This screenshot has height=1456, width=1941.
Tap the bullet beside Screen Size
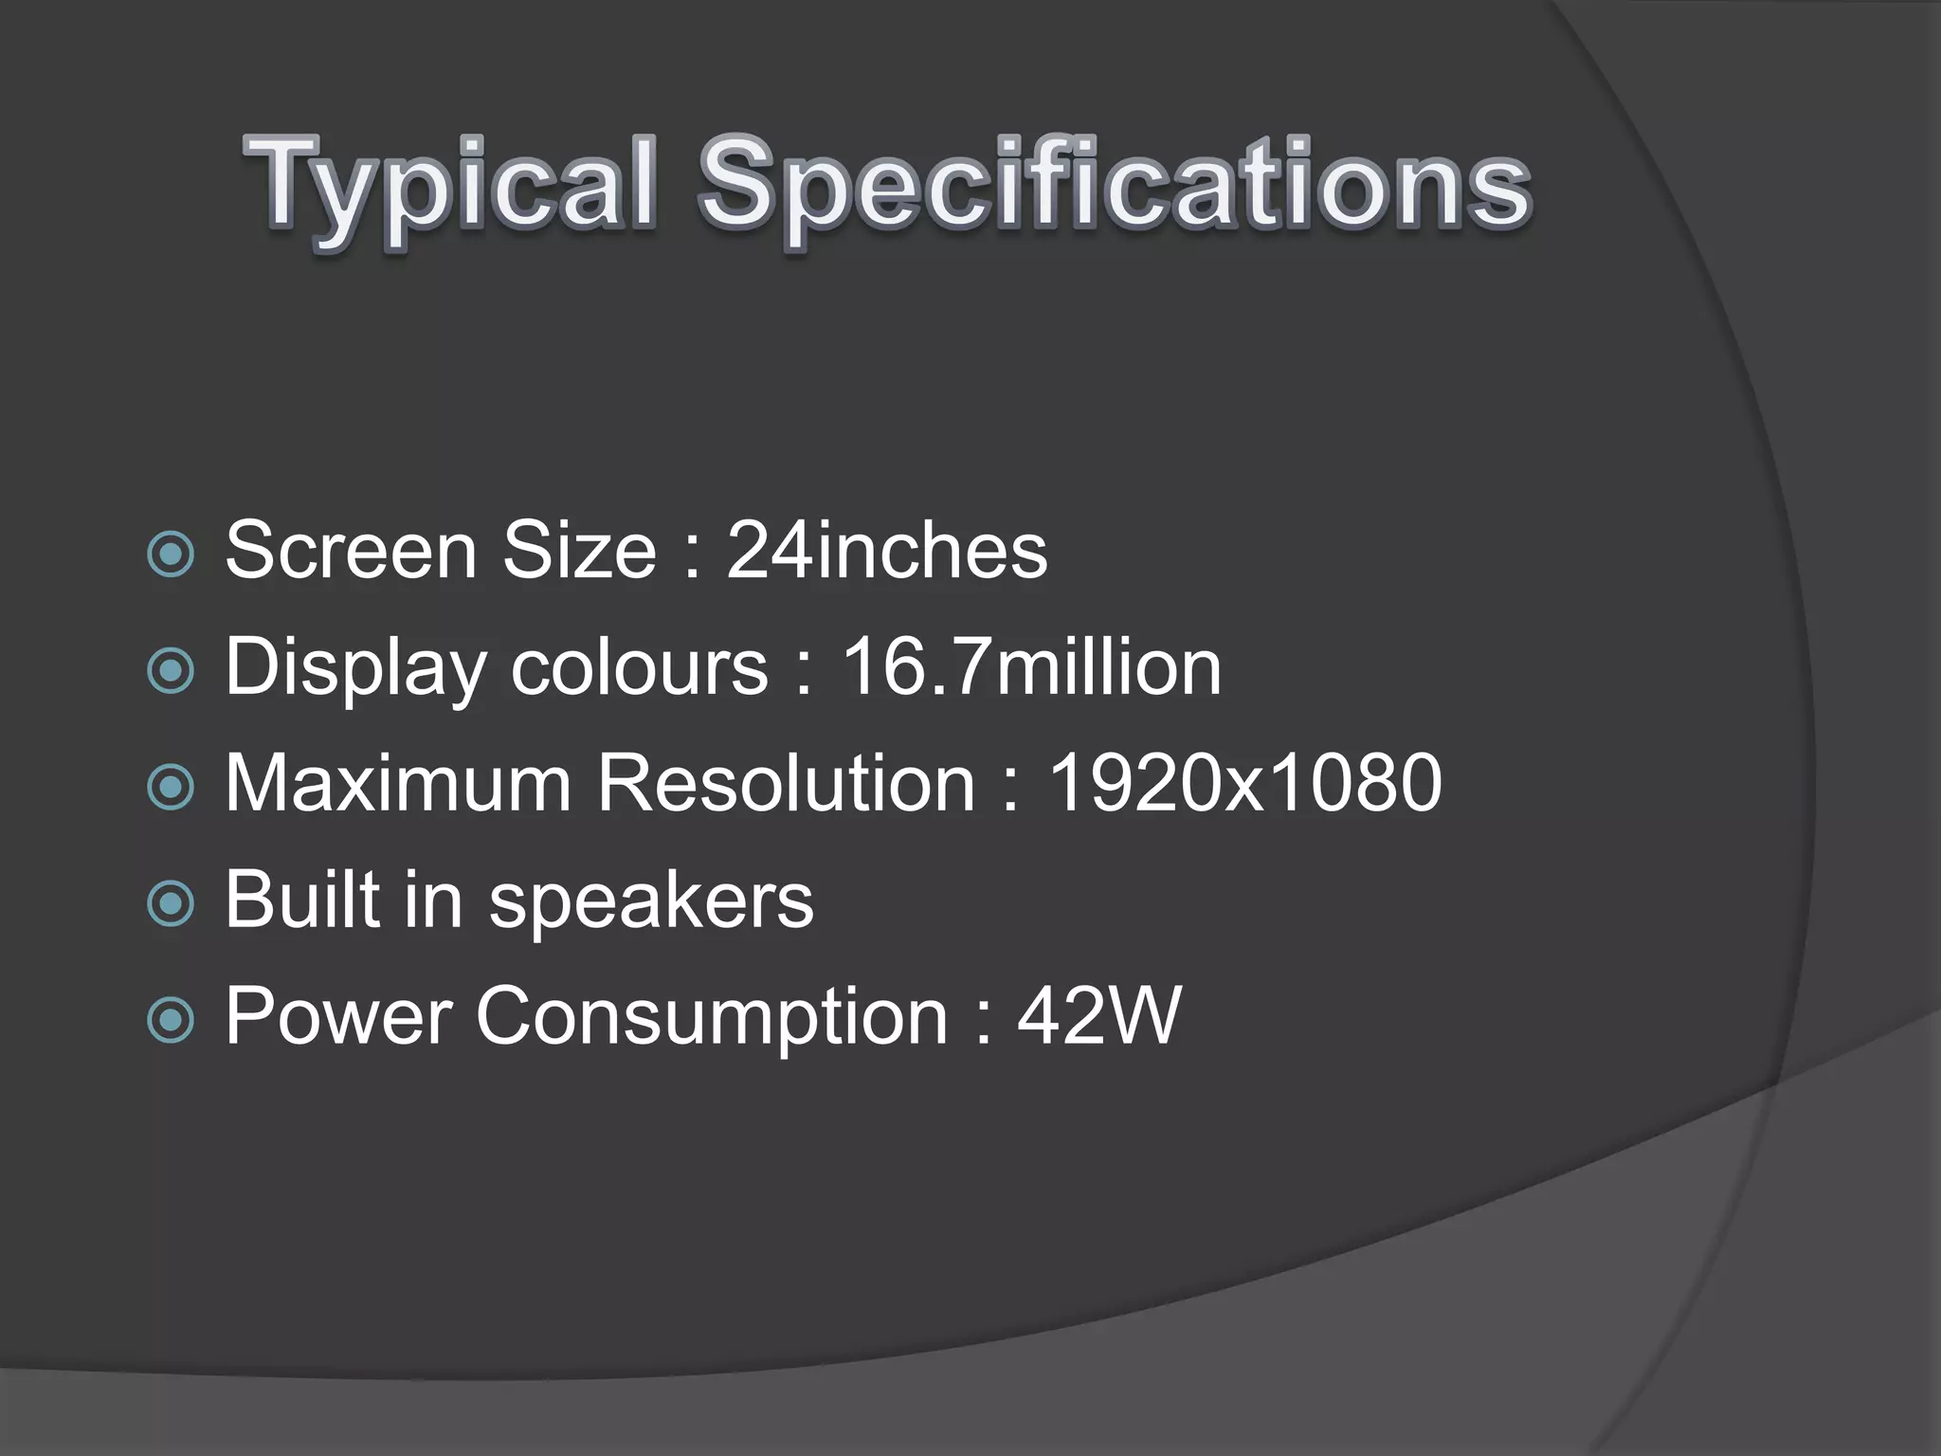point(172,555)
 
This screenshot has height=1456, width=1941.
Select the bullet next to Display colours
point(172,671)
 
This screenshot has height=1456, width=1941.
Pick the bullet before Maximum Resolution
point(172,787)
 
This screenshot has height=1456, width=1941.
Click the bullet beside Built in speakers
point(172,903)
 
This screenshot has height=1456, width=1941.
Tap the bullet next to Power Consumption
point(172,1020)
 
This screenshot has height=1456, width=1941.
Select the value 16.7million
point(1031,667)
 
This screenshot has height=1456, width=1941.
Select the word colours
point(639,667)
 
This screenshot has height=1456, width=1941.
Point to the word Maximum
point(398,783)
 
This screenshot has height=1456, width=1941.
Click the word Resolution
point(786,783)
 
